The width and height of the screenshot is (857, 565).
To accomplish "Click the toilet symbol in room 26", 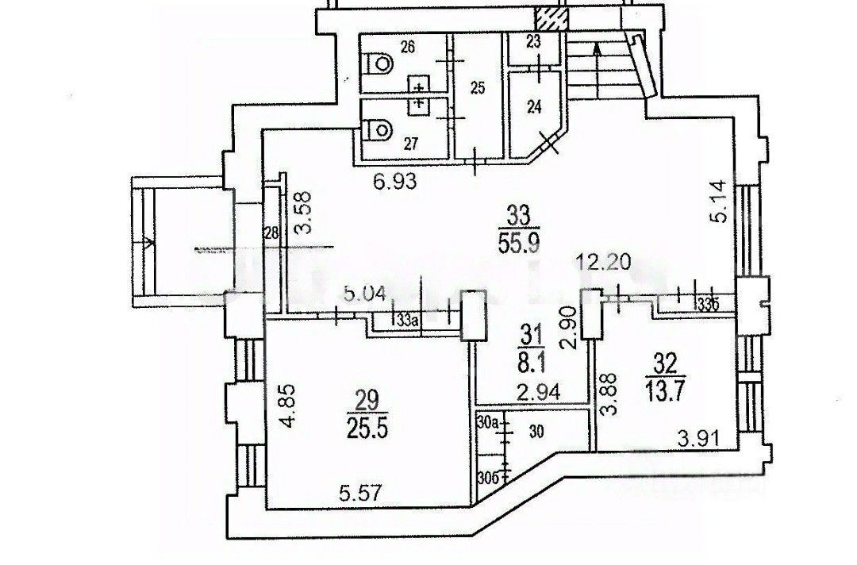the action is coord(380,61).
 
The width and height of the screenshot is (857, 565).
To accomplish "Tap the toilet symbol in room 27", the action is coord(381,127).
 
